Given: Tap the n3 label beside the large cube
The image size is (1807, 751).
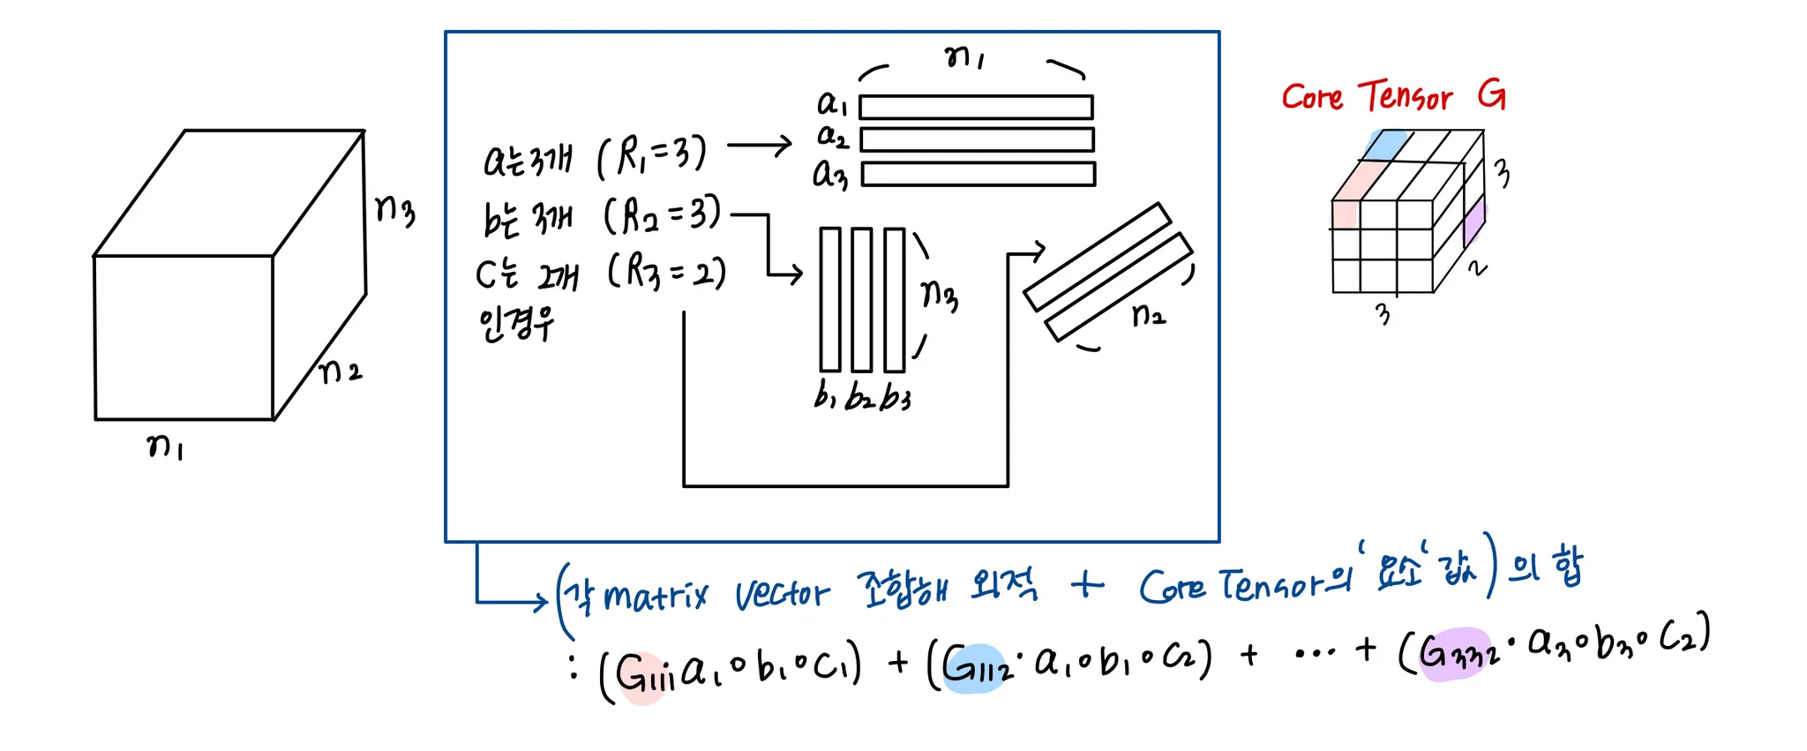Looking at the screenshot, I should [x=394, y=210].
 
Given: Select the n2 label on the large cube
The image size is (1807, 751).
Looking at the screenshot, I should [x=340, y=371].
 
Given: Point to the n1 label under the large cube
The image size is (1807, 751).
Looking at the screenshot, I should [x=165, y=447].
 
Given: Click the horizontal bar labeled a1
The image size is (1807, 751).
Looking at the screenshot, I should [x=976, y=107].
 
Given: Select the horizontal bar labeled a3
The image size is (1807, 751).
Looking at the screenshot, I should [x=978, y=174].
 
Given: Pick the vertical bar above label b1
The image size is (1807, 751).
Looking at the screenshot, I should [x=829, y=299].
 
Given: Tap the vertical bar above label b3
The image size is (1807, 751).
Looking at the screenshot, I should [x=894, y=299].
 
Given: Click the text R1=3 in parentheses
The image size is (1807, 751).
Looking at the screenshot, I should [x=652, y=155].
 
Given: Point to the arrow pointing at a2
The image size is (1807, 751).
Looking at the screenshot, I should [x=759, y=146].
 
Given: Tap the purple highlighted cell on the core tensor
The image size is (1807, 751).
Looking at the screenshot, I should [x=1473, y=222].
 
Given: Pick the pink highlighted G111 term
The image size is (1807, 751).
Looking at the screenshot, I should [x=643, y=676].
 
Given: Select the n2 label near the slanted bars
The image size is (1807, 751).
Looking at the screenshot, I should [x=1149, y=314].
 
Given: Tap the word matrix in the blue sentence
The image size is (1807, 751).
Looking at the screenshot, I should [x=656, y=597].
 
